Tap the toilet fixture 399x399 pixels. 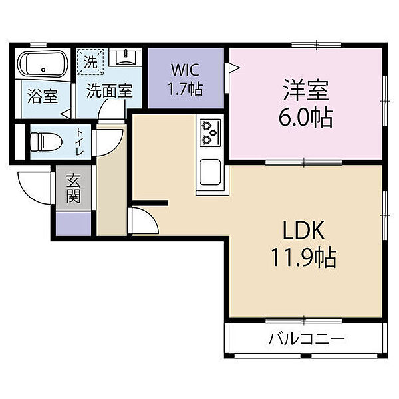(x=46, y=142)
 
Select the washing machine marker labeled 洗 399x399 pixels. (x=90, y=62)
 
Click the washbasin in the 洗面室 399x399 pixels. (x=126, y=57)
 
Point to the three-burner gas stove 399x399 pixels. (x=210, y=133)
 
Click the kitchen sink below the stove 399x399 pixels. (x=210, y=172)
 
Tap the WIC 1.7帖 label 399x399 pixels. (x=185, y=79)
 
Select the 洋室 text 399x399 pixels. (x=306, y=90)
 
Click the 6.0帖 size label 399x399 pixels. (x=306, y=118)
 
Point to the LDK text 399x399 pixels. (x=304, y=231)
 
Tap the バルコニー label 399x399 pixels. (x=307, y=339)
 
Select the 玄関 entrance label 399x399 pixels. (x=74, y=188)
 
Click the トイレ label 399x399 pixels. (x=80, y=142)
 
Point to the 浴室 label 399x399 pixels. (x=43, y=96)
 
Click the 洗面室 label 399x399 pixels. (x=110, y=91)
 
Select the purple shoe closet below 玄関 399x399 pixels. (x=74, y=223)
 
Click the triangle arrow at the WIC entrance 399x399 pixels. (x=234, y=68)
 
